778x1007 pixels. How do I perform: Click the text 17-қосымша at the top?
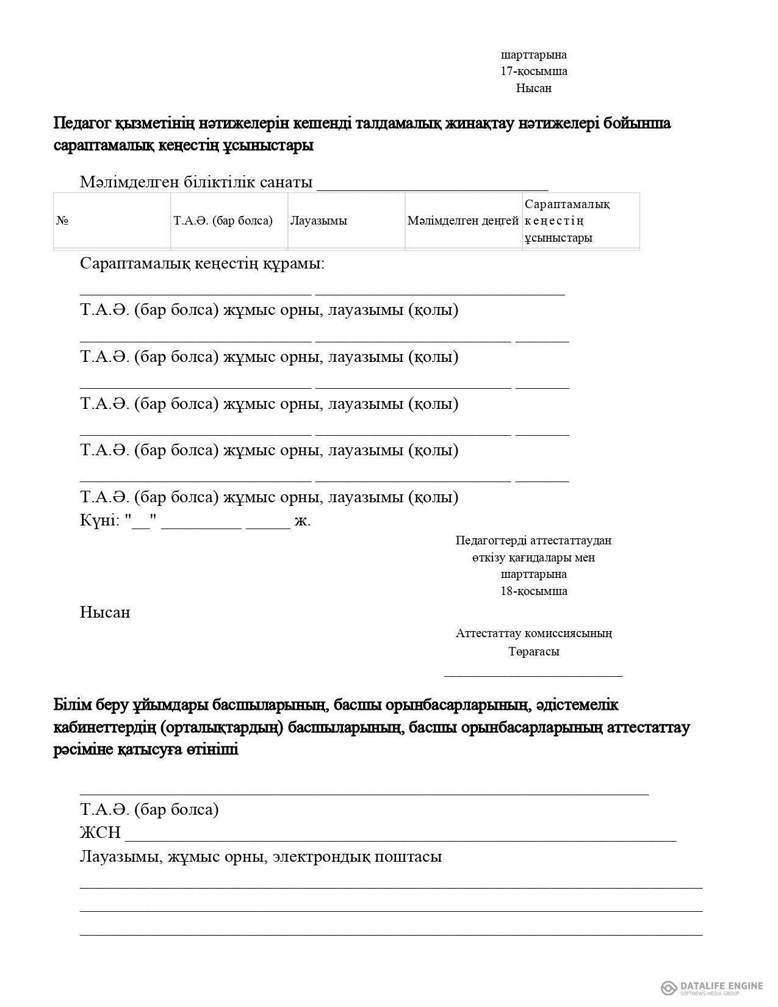534,71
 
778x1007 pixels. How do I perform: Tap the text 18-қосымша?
534,591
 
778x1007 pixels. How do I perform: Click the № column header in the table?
62,221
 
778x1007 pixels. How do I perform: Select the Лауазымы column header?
319,221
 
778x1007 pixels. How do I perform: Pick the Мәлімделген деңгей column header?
463,221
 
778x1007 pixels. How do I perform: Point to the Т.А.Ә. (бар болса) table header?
223,221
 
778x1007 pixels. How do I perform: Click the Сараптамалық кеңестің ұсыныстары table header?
567,221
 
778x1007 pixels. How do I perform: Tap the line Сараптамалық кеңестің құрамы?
202,264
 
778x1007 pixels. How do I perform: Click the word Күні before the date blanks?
98,521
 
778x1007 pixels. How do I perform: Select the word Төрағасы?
534,651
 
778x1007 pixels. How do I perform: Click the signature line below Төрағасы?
533,675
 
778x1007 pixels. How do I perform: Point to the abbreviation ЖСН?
100,833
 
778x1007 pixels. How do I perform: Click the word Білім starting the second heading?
73,705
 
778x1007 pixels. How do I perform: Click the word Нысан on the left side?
105,612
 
